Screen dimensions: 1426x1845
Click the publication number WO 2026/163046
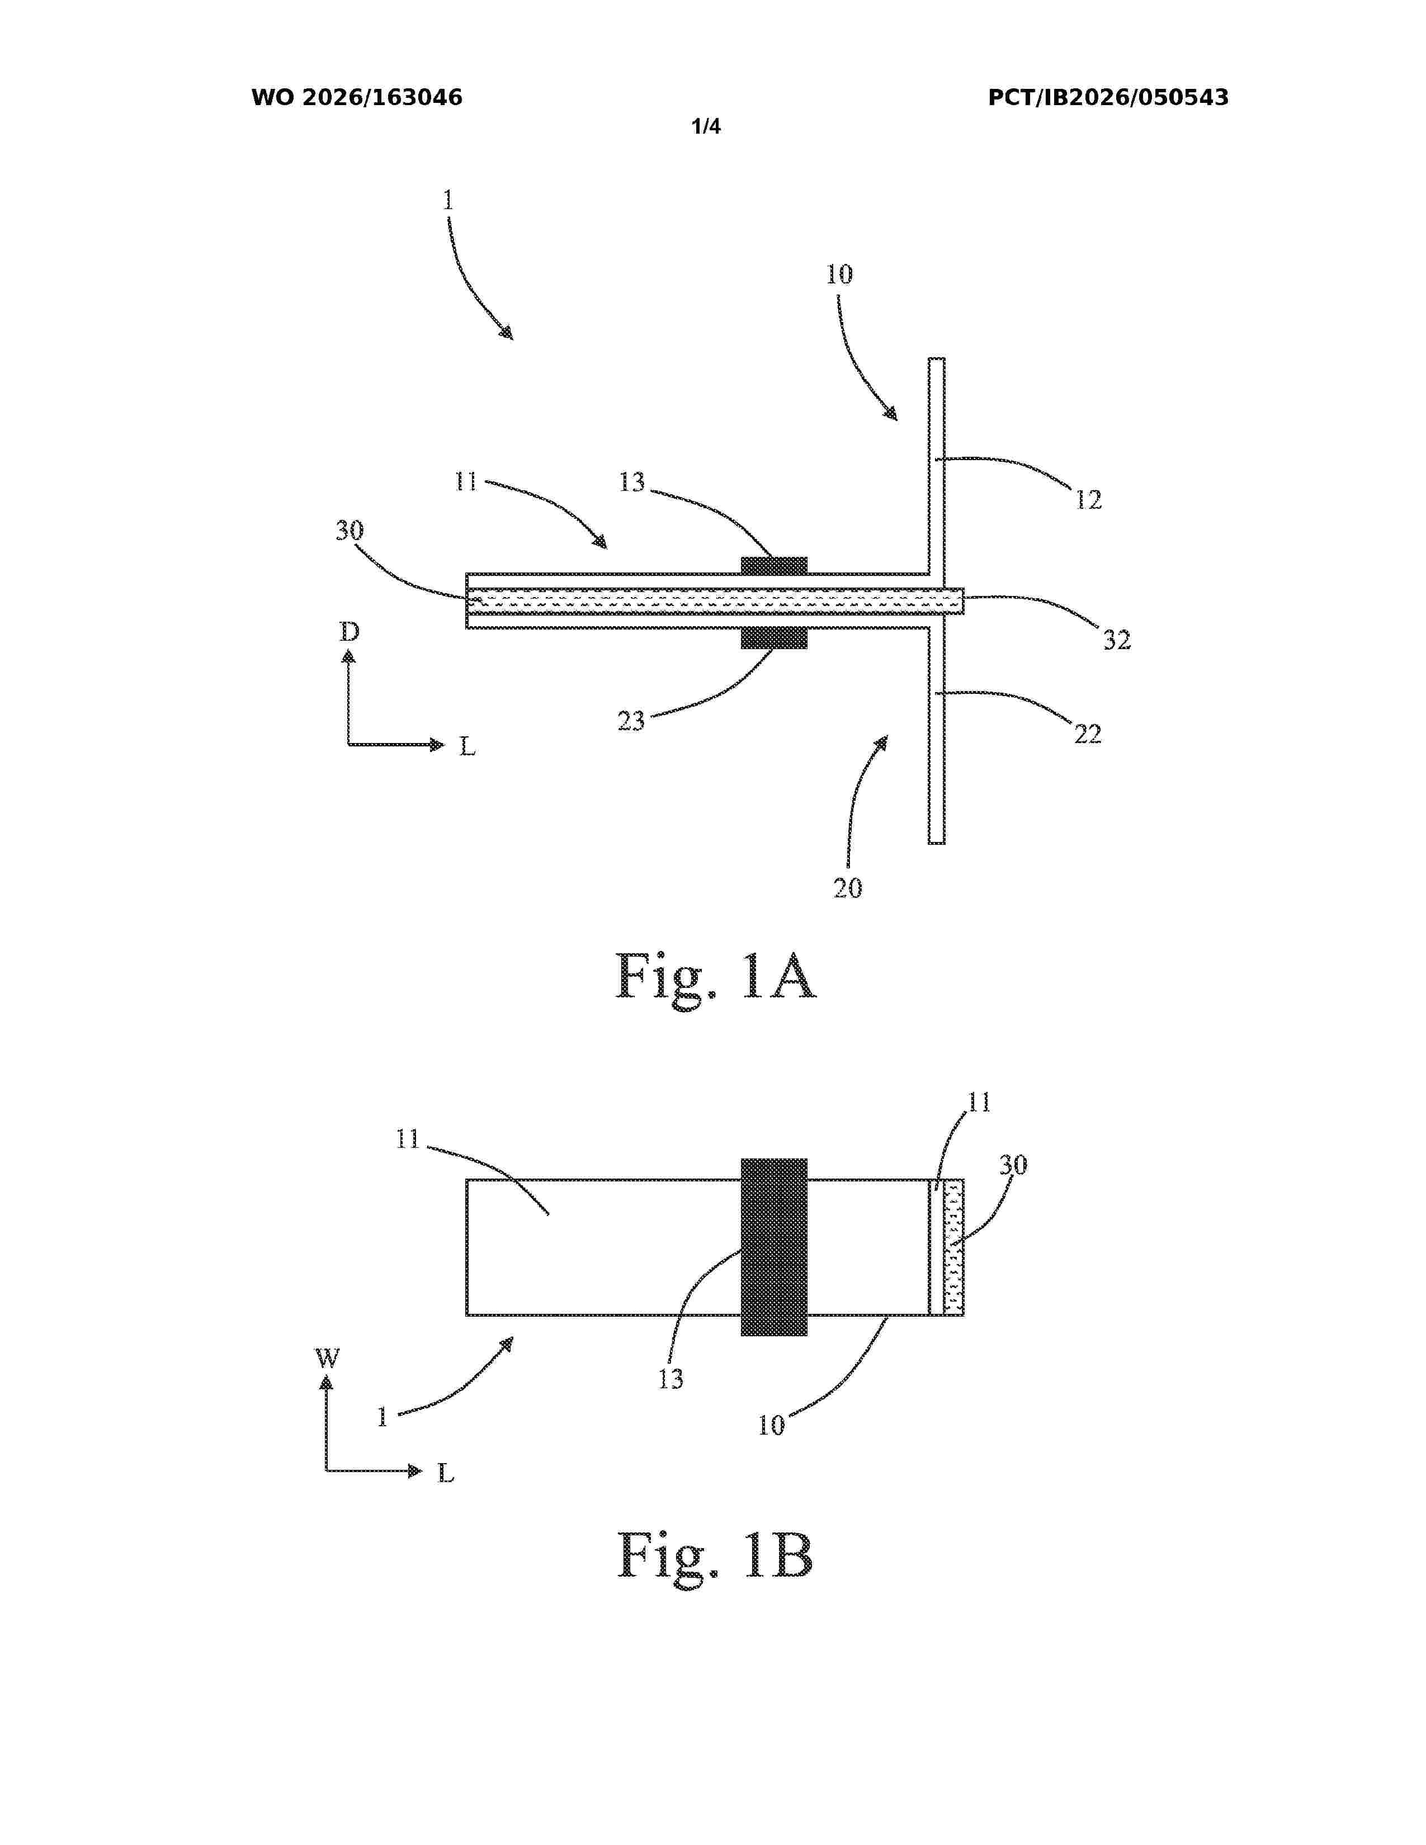(357, 98)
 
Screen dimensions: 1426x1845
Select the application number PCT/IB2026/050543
(1108, 98)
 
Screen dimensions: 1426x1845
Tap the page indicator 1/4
(706, 127)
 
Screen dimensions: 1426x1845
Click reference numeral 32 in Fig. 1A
(1117, 640)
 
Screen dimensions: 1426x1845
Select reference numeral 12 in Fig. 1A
(1089, 500)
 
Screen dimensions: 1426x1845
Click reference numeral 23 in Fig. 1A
(631, 721)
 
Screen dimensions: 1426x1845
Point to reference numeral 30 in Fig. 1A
(350, 531)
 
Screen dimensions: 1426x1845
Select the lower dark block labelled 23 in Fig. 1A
(774, 638)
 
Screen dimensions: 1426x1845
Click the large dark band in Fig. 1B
(774, 1247)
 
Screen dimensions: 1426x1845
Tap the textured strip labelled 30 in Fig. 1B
(953, 1247)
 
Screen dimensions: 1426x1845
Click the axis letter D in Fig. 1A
(349, 632)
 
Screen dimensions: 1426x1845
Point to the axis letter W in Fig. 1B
(327, 1359)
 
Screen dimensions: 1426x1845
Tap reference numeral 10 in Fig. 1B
(771, 1426)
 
